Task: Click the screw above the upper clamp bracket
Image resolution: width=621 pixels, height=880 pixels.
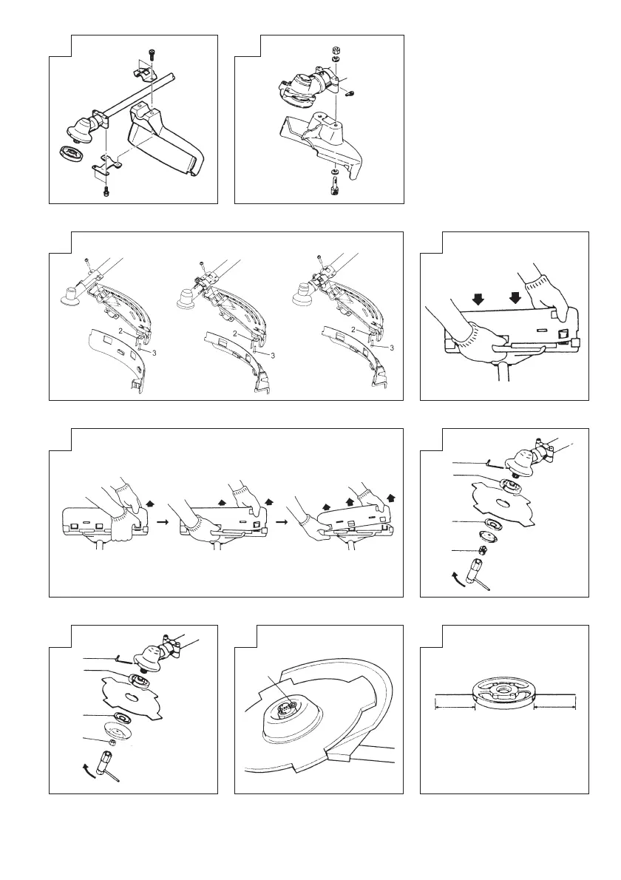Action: click(x=151, y=53)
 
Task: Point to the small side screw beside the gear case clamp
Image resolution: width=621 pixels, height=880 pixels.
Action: click(x=350, y=94)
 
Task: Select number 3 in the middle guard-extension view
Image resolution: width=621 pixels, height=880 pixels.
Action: click(x=273, y=356)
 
